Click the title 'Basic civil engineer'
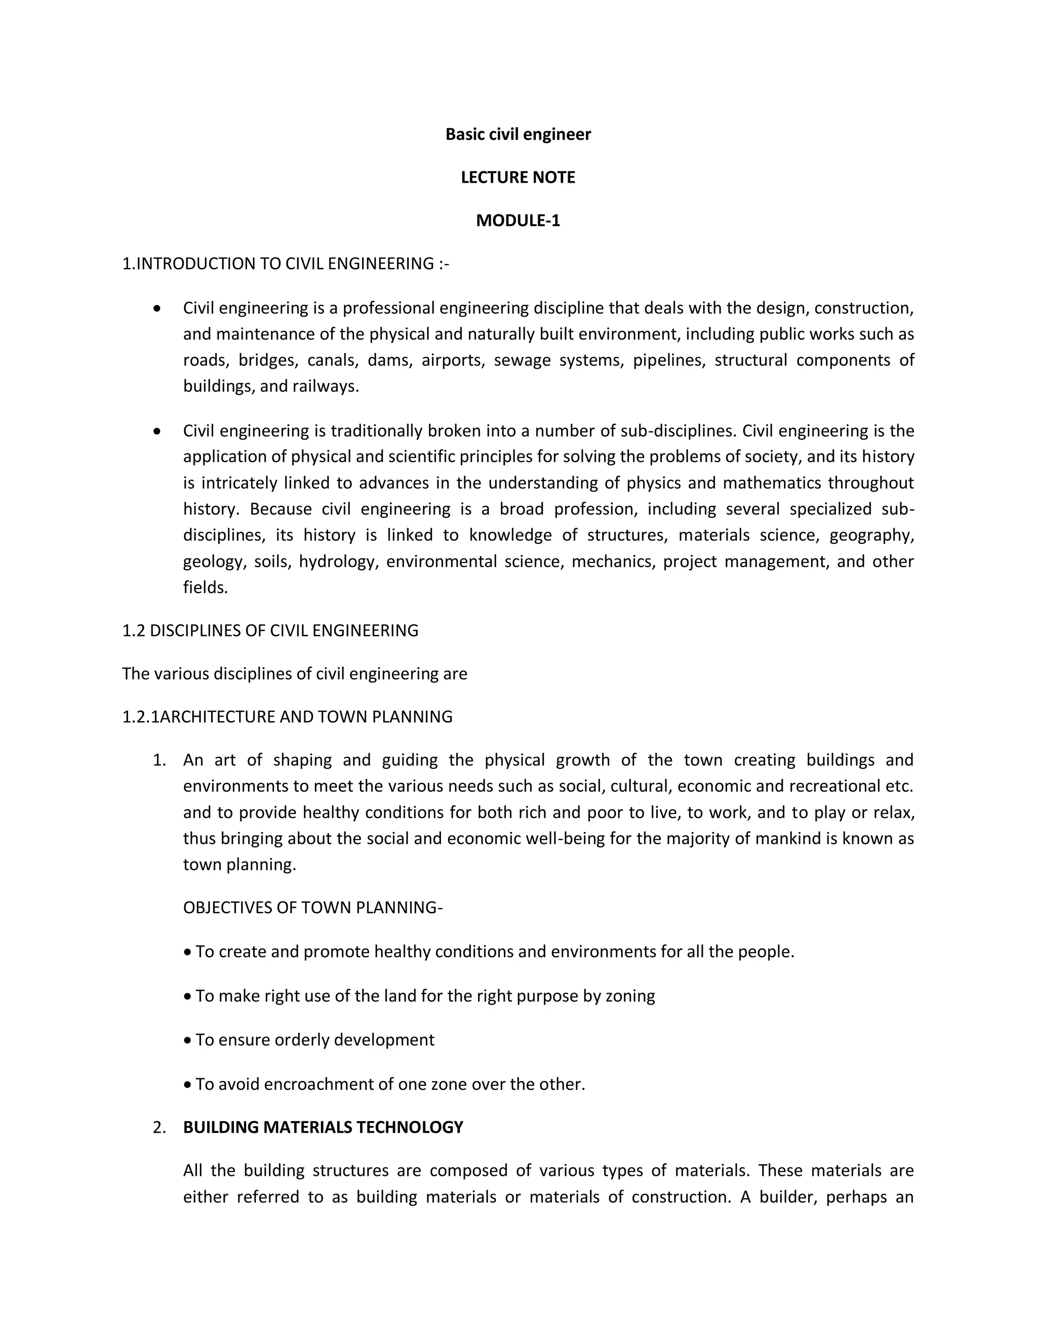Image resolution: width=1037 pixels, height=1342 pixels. pos(518,135)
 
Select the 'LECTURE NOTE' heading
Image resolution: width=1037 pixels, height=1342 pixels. pos(518,178)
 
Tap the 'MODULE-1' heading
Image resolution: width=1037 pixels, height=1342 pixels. pos(518,221)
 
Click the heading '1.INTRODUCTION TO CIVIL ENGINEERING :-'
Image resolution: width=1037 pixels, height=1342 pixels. pos(286,264)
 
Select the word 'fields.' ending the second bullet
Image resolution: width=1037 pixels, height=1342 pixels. pos(205,587)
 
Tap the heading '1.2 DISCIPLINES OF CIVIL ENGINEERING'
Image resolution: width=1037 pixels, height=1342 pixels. pos(270,630)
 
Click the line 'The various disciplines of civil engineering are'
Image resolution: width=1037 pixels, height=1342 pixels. pos(294,674)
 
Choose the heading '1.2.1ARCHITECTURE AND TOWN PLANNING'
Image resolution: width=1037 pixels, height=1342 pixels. pos(287,717)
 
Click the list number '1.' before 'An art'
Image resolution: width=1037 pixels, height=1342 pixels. pos(159,761)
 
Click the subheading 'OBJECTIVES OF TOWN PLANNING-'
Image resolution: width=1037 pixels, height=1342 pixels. pos(313,907)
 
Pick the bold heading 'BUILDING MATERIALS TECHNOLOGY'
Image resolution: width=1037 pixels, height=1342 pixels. pos(323,1127)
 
